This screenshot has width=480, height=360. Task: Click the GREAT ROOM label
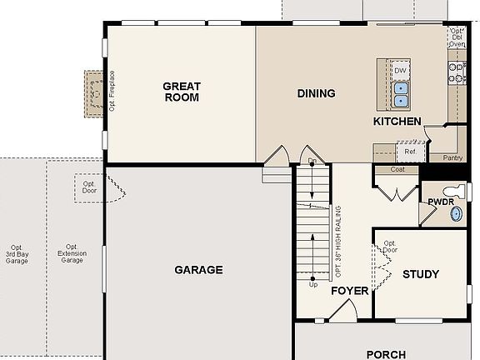point(181,91)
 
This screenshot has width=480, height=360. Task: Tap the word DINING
point(316,93)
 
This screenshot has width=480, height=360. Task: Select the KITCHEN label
point(397,122)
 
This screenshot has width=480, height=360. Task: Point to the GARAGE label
point(198,270)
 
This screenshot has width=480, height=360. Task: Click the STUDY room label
point(421,274)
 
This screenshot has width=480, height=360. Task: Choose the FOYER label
point(350,292)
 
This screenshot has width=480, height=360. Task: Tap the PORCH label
point(386,354)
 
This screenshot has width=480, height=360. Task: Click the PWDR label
point(440,202)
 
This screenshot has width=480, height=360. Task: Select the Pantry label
point(452,157)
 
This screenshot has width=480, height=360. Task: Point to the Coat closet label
point(397,169)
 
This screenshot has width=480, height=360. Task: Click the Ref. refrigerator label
point(410,152)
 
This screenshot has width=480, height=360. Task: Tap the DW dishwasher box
point(401,71)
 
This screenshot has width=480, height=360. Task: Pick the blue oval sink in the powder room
point(457,213)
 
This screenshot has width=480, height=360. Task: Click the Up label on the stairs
point(313,285)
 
